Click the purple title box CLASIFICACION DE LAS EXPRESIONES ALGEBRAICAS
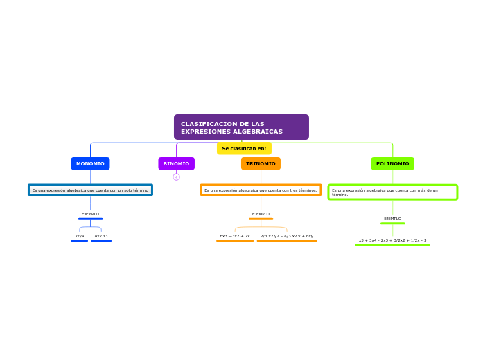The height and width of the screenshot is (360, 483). pos(241,127)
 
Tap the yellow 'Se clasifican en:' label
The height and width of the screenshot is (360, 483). pos(244,148)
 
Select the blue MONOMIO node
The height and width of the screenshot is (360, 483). pos(90,163)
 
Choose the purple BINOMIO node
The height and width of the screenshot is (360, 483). pos(176,163)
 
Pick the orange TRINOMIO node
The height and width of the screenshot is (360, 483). pos(261,163)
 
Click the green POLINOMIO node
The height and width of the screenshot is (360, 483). pos(392,163)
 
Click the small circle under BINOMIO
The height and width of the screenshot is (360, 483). pos(176,177)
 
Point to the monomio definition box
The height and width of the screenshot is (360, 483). pos(90,190)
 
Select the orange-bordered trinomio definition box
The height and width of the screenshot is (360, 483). pos(261,190)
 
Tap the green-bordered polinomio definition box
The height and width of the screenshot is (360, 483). pos(392,192)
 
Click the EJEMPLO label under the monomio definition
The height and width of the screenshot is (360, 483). pos(90,214)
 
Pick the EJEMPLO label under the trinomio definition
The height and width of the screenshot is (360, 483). pos(261,214)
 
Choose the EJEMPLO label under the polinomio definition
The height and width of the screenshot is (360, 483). pos(392,219)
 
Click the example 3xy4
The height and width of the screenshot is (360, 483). pos(80,236)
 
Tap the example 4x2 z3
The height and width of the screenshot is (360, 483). pos(101,236)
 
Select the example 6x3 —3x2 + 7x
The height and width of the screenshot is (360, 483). pos(235,236)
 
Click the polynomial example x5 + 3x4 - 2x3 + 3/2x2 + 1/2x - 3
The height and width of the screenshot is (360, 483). pos(392,240)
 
